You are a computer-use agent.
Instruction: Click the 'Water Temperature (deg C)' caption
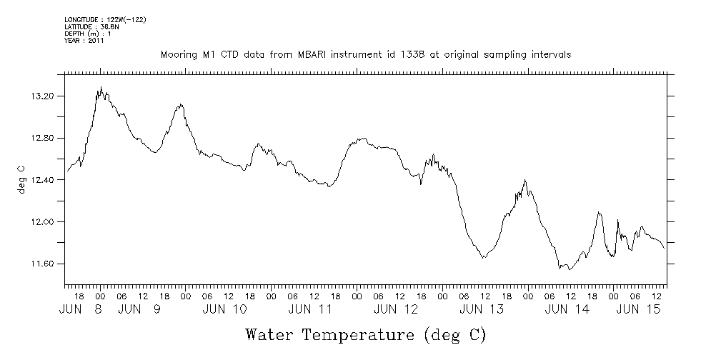365,334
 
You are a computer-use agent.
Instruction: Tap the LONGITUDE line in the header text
105,19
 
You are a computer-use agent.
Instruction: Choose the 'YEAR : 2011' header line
84,41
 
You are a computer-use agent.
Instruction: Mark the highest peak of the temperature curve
101,87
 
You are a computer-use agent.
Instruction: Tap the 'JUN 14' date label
567,309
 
